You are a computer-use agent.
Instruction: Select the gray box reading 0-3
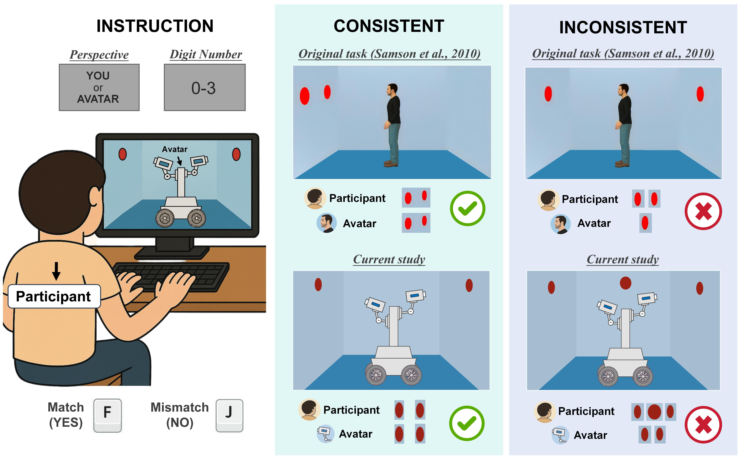click(205, 88)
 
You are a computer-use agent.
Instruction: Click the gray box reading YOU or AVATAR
click(99, 88)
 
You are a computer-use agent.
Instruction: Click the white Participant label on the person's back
click(54, 296)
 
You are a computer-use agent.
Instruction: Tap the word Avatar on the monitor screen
click(175, 149)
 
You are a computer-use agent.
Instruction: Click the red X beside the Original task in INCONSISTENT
click(703, 211)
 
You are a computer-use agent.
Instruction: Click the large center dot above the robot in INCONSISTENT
click(626, 283)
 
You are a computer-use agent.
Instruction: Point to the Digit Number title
click(206, 55)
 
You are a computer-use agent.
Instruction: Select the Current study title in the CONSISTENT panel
click(389, 260)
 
